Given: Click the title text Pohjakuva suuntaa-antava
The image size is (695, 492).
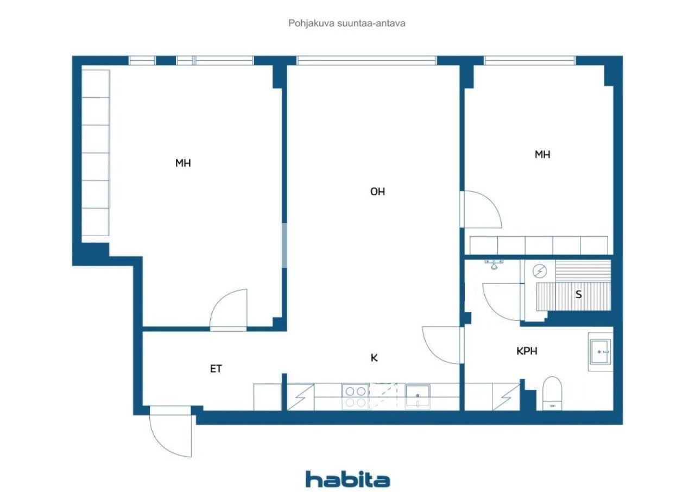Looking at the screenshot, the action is pos(346,23).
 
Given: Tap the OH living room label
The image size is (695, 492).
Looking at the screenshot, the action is pos(377,192).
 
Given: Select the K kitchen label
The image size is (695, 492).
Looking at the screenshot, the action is pos(374,358).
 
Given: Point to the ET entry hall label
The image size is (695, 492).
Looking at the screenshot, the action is pos(216,369).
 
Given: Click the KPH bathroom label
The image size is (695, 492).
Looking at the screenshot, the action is pos(527,351).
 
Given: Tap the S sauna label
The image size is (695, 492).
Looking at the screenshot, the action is pos(578,294).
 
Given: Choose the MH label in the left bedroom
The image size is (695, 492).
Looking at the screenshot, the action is pos(183,163).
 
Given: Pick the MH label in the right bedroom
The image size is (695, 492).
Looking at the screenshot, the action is pos(542,154).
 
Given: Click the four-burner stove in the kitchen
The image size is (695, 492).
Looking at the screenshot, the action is pos(356,397).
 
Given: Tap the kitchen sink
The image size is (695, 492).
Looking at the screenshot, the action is pos(418,397).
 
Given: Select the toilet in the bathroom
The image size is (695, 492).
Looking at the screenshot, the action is pos(552,393).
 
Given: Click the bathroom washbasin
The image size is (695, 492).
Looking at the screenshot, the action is pos(601,352).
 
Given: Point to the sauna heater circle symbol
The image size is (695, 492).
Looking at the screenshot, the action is pos(540,271).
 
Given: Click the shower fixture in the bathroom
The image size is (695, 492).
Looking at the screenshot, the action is pos(494,264).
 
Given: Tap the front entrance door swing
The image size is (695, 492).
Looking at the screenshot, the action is pos(170,432).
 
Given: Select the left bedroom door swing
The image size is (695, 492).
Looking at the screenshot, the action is pos(229,310).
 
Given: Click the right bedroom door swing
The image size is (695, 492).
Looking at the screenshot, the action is pos(481,210).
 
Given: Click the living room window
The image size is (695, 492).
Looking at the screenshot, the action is pos(367,60).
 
